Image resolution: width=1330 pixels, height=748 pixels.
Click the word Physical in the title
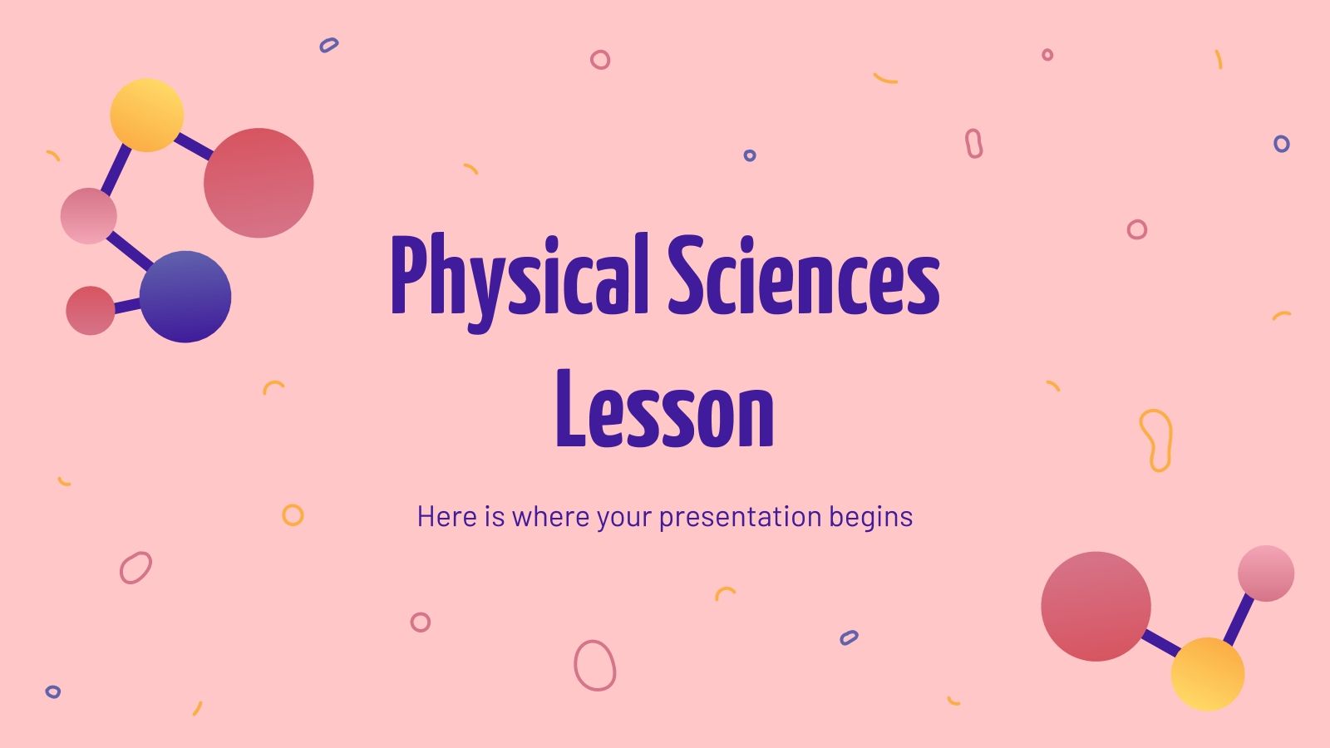pyautogui.click(x=519, y=276)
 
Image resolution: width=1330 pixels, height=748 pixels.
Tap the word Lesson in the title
pyautogui.click(x=664, y=409)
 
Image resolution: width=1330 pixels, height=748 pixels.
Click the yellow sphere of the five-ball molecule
pyautogui.click(x=147, y=116)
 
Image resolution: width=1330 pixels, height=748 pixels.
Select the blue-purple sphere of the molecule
pyautogui.click(x=185, y=297)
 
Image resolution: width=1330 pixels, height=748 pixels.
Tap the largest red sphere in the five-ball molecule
pyautogui.click(x=259, y=183)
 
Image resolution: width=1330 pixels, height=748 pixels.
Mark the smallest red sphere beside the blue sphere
pyautogui.click(x=90, y=311)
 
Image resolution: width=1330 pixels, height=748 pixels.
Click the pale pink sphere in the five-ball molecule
pyautogui.click(x=88, y=216)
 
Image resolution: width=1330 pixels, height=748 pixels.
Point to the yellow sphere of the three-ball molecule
pyautogui.click(x=1207, y=674)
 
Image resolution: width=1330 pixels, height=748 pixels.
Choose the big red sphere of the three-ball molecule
pyautogui.click(x=1096, y=607)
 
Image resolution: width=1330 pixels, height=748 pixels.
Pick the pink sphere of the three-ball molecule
pyautogui.click(x=1265, y=573)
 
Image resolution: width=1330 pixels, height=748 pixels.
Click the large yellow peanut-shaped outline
pyautogui.click(x=1155, y=440)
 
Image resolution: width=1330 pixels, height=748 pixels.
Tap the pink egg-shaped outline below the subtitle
pyautogui.click(x=594, y=665)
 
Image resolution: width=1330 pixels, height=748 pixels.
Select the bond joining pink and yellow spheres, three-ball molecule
pyautogui.click(x=1239, y=620)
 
